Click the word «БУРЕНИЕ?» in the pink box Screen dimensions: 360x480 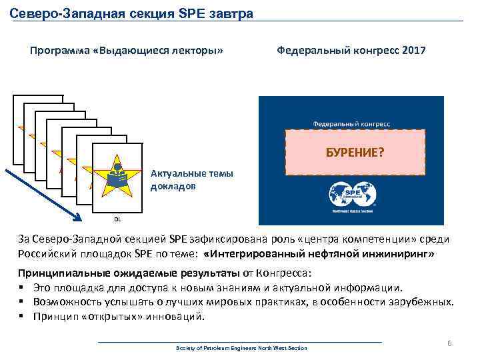point(355,153)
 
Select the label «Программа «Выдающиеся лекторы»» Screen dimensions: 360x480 point(126,51)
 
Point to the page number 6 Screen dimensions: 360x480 point(449,343)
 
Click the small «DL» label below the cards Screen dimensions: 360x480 point(117,218)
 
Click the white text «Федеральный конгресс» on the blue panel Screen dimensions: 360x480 point(352,123)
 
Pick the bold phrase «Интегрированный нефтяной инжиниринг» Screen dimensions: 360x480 point(321,254)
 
